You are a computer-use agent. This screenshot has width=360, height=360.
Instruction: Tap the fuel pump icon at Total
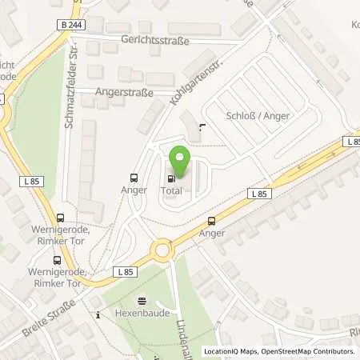coord(170,178)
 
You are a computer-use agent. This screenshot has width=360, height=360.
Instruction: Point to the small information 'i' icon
coord(97,315)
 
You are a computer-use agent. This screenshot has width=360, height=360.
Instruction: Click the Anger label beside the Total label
coord(134,190)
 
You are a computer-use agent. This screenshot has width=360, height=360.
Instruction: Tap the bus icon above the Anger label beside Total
coord(134,178)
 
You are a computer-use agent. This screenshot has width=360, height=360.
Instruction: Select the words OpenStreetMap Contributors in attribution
coord(309,351)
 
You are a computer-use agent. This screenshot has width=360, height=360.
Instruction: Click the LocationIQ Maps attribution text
coord(231,351)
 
